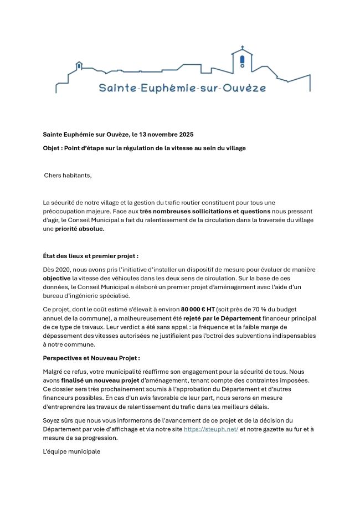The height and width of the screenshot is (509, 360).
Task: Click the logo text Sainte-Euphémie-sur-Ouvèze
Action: coord(182,88)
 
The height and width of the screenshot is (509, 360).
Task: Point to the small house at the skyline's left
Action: coord(79,65)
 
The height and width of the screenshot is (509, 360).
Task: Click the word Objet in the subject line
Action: coord(52,148)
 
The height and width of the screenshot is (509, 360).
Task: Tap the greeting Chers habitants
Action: coord(68,176)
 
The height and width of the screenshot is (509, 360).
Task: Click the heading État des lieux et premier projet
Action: coord(90,256)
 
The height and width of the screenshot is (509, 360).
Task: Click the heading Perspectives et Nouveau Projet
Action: coord(91,358)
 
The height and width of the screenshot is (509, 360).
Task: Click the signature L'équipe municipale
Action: coord(71,451)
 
